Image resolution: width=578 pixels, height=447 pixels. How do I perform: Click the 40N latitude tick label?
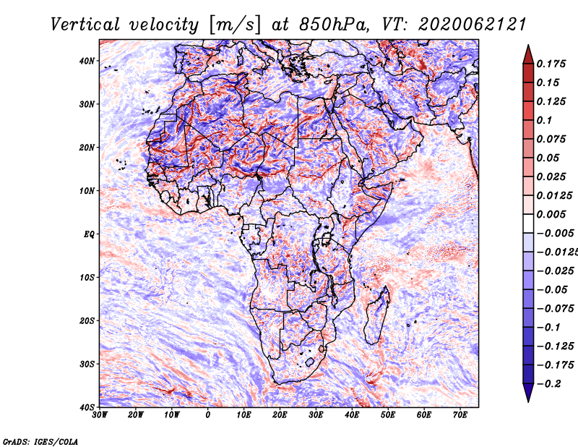click(x=87, y=61)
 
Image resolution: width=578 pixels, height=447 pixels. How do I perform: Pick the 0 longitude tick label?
click(x=208, y=415)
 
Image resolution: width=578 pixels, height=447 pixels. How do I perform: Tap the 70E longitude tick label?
click(x=460, y=415)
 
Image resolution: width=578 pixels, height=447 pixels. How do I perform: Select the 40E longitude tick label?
click(x=352, y=415)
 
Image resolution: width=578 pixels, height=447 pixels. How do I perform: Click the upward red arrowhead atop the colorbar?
click(x=528, y=54)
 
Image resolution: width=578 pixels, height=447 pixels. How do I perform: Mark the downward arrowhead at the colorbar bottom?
click(x=528, y=393)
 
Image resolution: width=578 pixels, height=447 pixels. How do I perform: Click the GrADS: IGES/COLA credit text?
click(x=40, y=440)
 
